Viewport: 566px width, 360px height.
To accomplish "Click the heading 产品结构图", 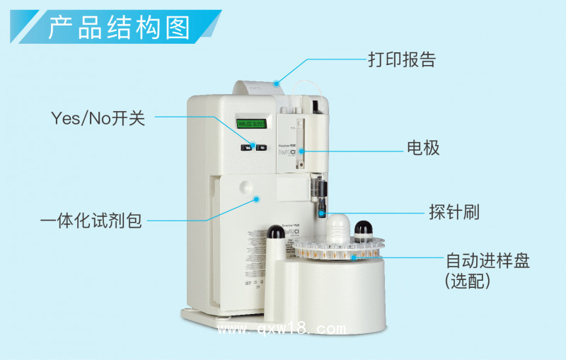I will point(119,28).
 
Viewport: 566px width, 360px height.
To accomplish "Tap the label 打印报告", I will point(401,59).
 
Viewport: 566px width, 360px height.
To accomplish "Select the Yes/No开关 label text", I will point(98,118).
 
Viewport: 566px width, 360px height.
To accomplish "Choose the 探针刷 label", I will point(454,211).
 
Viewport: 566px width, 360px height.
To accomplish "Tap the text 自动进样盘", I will point(487,260).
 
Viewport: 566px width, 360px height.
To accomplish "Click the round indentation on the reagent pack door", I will point(246,187).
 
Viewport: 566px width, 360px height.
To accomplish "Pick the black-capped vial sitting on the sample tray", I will point(364,228).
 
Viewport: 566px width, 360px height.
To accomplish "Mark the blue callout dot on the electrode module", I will point(301,151).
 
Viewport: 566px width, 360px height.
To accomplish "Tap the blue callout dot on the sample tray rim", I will point(352,257).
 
